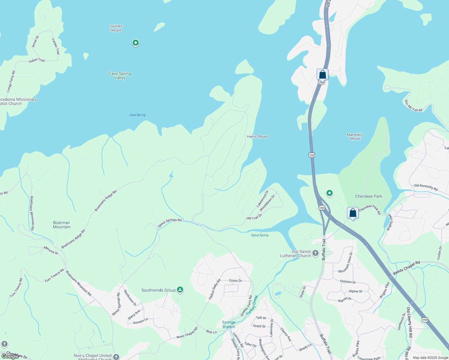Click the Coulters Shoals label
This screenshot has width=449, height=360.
click(116, 28)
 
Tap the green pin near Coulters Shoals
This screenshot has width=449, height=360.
click(136, 43)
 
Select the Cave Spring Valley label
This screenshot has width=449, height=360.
click(120, 76)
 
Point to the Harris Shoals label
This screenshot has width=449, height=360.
click(258, 136)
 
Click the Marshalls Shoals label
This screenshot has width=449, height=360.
click(355, 137)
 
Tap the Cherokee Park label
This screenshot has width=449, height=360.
click(369, 196)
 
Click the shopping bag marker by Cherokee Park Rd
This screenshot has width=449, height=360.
click(353, 213)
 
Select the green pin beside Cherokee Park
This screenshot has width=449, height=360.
click(330, 193)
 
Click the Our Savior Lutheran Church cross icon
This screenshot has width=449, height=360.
click(315, 253)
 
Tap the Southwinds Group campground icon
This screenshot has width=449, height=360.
click(180, 290)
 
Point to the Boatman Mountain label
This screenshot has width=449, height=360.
click(62, 225)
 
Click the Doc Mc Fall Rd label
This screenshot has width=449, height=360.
click(414, 106)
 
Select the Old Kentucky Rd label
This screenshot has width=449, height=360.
click(426, 187)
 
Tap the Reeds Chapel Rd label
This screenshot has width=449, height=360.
click(406, 268)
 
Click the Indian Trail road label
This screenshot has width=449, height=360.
click(37, 60)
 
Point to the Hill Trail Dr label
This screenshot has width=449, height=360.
click(254, 217)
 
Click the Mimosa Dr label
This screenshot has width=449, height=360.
click(51, 250)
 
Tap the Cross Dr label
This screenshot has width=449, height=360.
click(235, 281)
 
